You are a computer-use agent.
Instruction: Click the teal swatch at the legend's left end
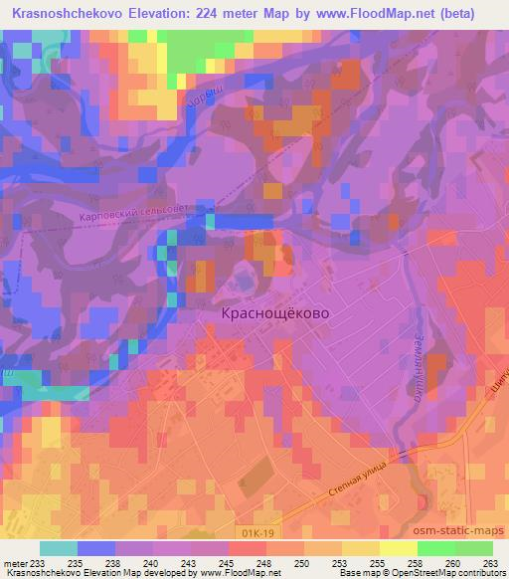(59, 548)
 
